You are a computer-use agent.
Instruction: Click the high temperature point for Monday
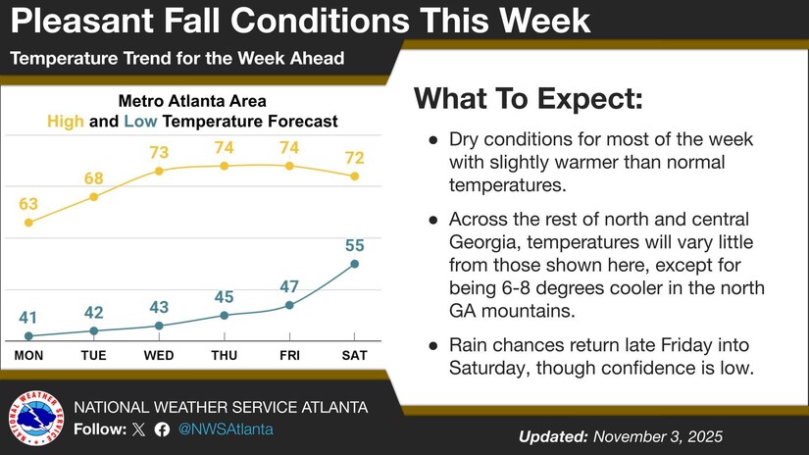pos(28,223)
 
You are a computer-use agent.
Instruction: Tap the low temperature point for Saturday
pos(354,264)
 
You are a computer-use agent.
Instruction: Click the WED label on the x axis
pos(159,355)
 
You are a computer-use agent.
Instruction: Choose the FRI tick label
pos(289,355)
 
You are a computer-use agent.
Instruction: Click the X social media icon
pos(138,430)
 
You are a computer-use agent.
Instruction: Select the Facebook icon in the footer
pos(162,430)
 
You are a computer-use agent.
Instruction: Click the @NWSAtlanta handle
pos(226,430)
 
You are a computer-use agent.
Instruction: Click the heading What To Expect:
pos(529,99)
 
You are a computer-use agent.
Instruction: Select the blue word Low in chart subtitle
pos(141,122)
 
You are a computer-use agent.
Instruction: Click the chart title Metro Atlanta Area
pos(192,101)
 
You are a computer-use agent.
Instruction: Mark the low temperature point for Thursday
pos(225,315)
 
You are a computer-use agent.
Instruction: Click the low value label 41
pos(28,318)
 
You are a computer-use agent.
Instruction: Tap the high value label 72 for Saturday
pos(354,157)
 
